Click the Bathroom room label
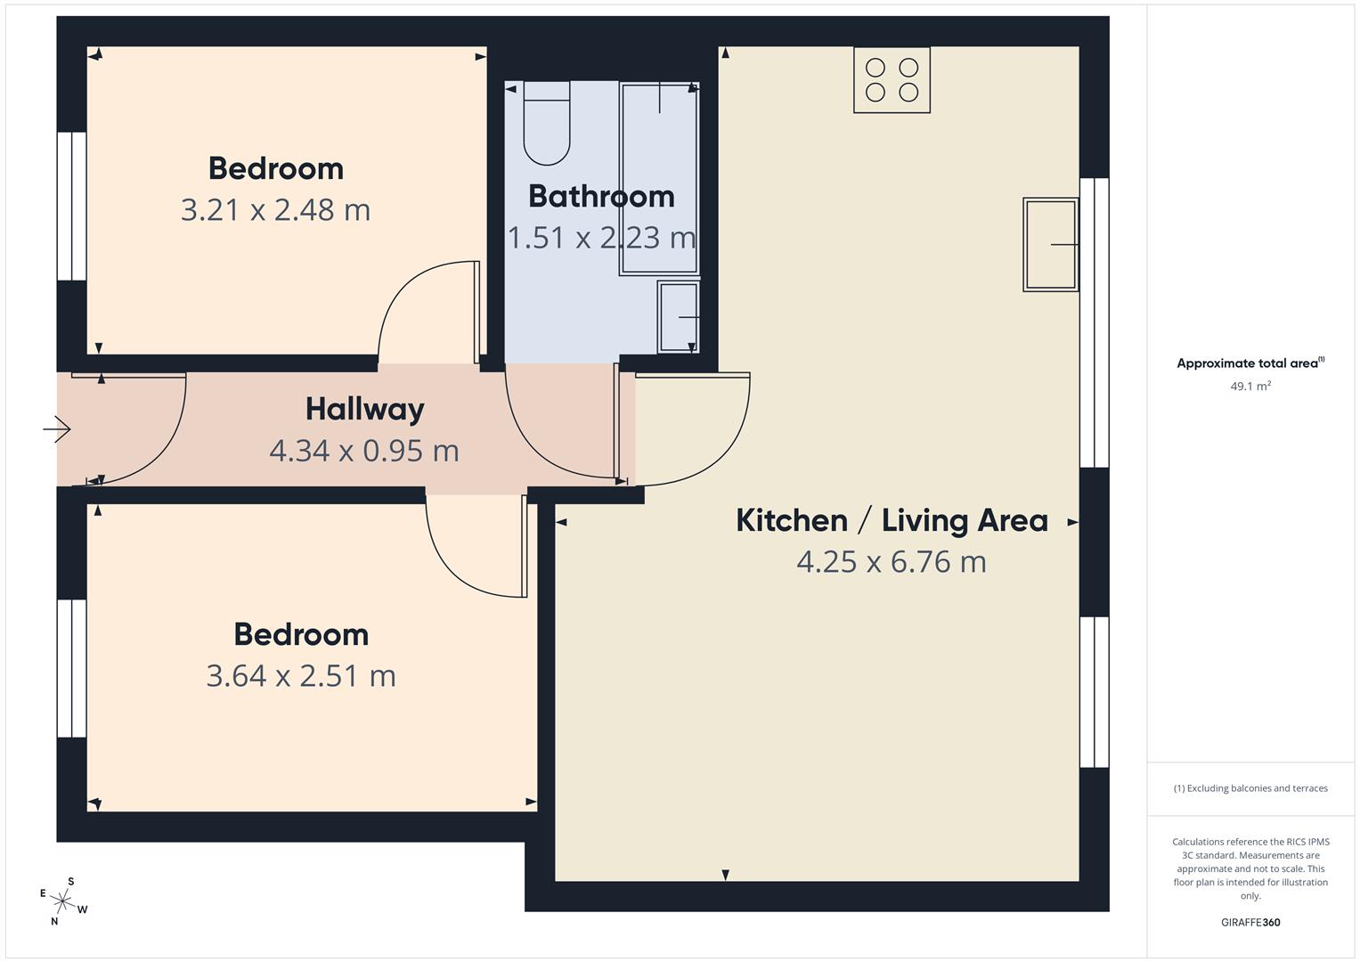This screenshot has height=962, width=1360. [601, 197]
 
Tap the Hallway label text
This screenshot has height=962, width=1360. [364, 410]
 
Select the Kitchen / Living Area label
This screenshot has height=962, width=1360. [892, 521]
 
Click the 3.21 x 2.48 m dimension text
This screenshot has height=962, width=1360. [275, 210]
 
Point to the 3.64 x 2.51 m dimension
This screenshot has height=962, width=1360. [301, 676]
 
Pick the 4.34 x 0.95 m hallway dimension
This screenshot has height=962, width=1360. [364, 451]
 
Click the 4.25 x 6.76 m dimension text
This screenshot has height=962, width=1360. [892, 562]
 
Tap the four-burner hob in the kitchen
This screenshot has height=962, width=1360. [892, 80]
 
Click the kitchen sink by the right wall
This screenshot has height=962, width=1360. [1050, 244]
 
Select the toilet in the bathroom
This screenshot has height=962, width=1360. [546, 123]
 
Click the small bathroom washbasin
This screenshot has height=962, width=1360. [678, 317]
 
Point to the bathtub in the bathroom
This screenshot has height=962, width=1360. [659, 178]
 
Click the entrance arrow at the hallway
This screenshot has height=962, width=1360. [57, 429]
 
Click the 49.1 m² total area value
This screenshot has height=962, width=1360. [1250, 387]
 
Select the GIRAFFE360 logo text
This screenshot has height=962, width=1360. [1250, 922]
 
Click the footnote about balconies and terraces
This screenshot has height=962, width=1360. [1250, 788]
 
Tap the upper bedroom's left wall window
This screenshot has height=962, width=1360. [72, 207]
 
